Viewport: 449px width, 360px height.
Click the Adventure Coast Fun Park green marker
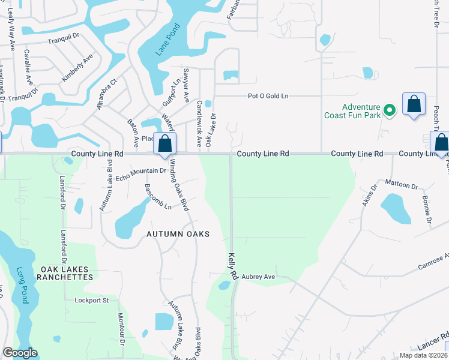tap(390, 110)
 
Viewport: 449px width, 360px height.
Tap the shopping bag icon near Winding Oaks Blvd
tap(165, 145)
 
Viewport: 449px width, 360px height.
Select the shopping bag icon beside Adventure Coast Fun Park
tap(414, 105)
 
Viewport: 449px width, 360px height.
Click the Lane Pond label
tap(168, 40)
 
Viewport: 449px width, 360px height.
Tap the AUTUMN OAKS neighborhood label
tap(178, 234)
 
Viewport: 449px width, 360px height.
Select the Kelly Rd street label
tap(232, 266)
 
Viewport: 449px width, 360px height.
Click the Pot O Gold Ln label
tap(268, 96)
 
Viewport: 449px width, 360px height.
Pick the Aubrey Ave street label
tap(258, 277)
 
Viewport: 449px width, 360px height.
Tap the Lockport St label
tap(91, 300)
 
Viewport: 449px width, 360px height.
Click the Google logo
tap(20, 353)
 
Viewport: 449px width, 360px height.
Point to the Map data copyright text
tap(423, 355)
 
